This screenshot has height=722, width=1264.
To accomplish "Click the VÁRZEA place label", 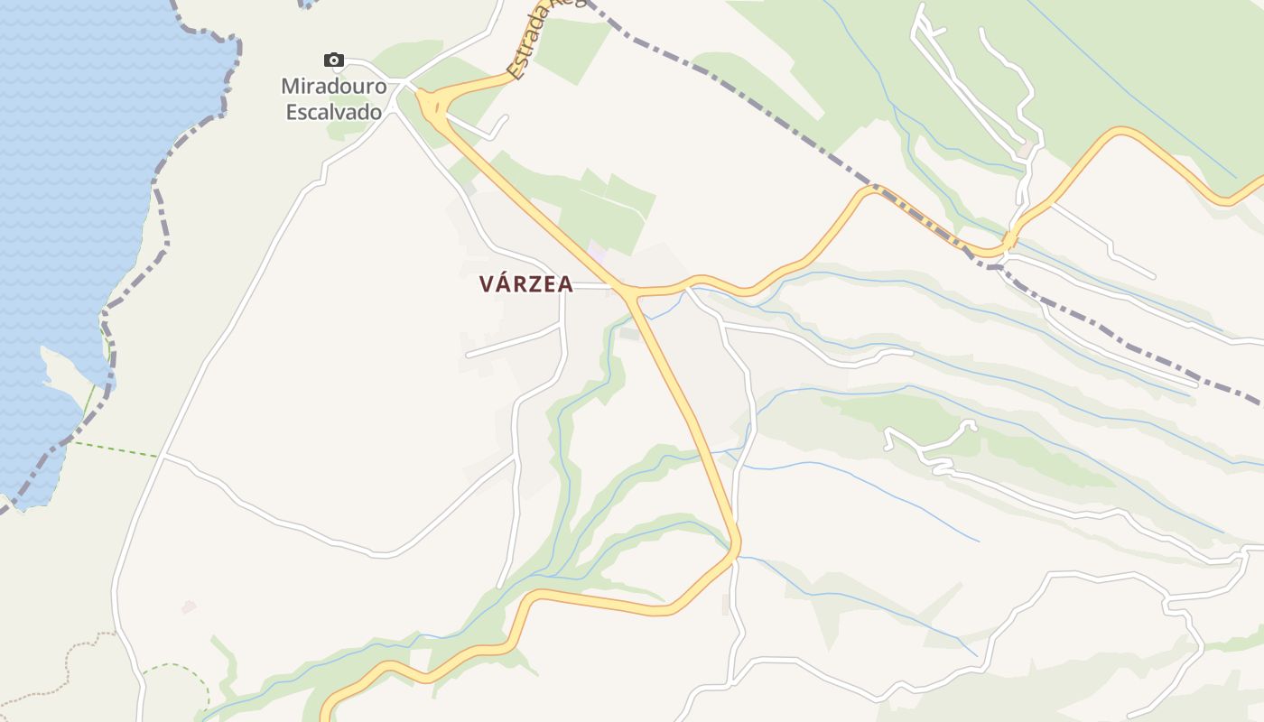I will tap(525, 284).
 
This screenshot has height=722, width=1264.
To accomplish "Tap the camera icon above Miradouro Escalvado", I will tap(334, 60).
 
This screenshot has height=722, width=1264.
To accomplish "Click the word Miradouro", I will tap(333, 87).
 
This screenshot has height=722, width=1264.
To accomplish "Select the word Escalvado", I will tap(333, 112).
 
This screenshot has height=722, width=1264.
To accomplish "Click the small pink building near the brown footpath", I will tap(189, 606).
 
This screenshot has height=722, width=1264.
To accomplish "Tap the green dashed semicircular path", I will tap(181, 672).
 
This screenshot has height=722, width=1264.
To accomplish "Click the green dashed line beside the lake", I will tap(117, 449).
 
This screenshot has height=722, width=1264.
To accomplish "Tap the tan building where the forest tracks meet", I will tap(1027, 144).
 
